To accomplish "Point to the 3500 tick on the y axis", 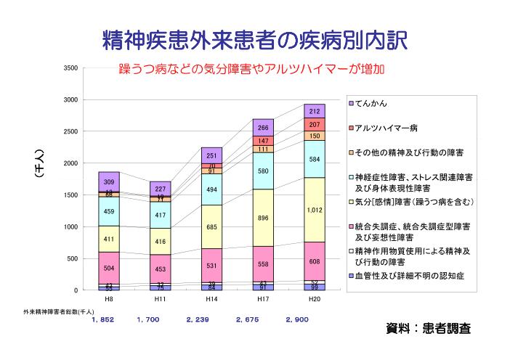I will (x=70, y=67).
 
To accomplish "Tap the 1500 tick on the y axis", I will (x=70, y=195).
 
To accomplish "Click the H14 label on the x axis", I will (x=212, y=298).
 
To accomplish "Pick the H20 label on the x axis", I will (x=315, y=298).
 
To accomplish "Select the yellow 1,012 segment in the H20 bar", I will (x=315, y=210).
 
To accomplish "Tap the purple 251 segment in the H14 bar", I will (x=212, y=155).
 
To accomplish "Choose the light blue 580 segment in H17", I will (x=263, y=171).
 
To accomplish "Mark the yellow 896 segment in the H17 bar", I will (x=263, y=218).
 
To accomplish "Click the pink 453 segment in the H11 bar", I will (x=161, y=269).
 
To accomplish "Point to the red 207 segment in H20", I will (x=315, y=125).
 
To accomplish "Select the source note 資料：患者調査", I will (x=428, y=329).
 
